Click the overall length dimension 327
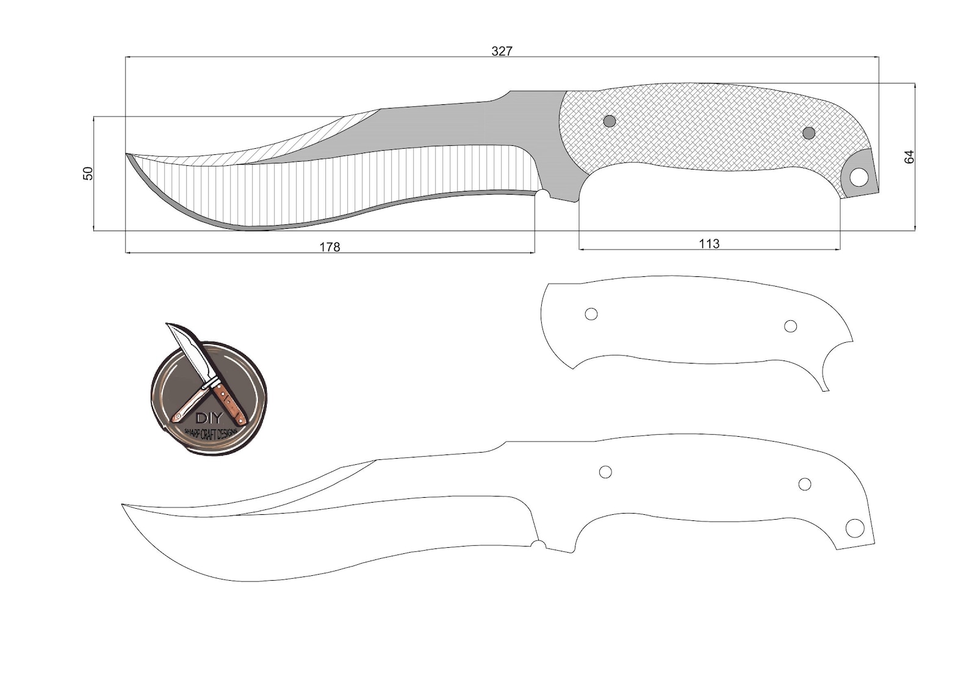[502, 51]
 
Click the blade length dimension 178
[330, 246]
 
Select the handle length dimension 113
[708, 243]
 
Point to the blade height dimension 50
[88, 173]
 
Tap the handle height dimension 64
[909, 156]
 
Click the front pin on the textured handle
[609, 121]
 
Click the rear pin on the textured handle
[809, 132]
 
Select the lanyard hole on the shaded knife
[859, 178]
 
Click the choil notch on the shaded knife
[542, 194]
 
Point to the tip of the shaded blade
[127, 154]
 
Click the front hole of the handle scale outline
[591, 314]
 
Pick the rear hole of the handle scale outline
[790, 326]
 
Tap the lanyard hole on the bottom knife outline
[854, 528]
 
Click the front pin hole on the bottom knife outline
[605, 472]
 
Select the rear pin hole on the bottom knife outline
[805, 484]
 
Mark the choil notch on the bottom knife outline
[538, 543]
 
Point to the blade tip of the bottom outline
[123, 504]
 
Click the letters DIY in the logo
[209, 418]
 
